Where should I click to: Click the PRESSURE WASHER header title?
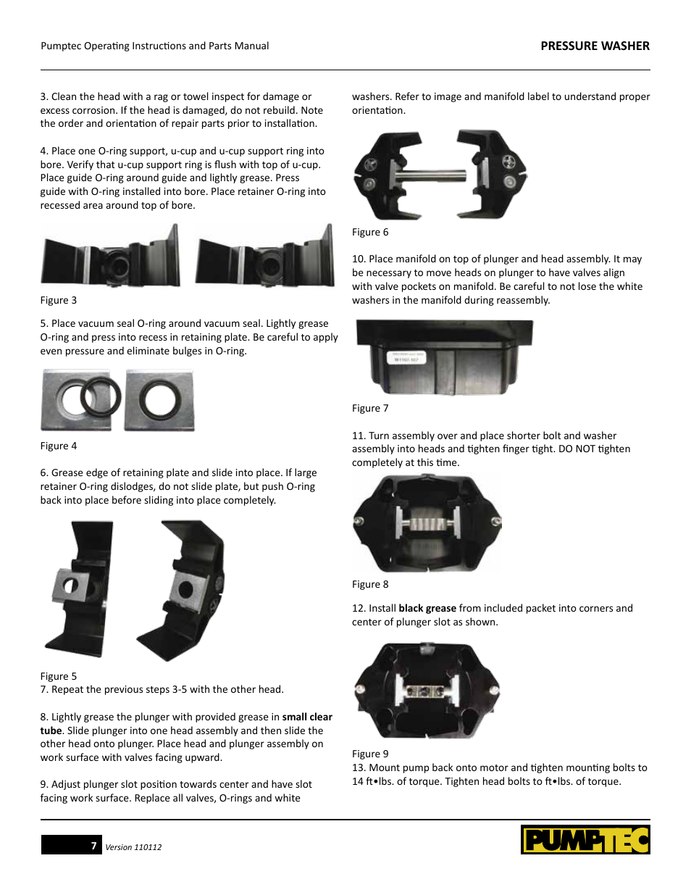point(595,46)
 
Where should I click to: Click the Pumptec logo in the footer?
point(585,840)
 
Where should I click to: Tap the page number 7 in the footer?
point(93,846)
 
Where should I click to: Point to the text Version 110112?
point(133,847)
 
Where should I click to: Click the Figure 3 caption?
point(59,300)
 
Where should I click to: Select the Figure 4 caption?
point(59,446)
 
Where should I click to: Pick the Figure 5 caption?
point(59,676)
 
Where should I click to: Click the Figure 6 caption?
point(370,232)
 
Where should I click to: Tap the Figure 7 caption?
point(370,408)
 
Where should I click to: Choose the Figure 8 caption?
point(370,584)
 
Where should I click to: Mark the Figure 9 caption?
point(370,754)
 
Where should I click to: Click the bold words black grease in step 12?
point(427,608)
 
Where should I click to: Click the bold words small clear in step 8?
point(307,717)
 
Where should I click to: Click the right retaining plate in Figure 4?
point(159,400)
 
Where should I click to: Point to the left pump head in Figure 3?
point(110,258)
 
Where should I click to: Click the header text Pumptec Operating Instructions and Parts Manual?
point(155,46)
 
